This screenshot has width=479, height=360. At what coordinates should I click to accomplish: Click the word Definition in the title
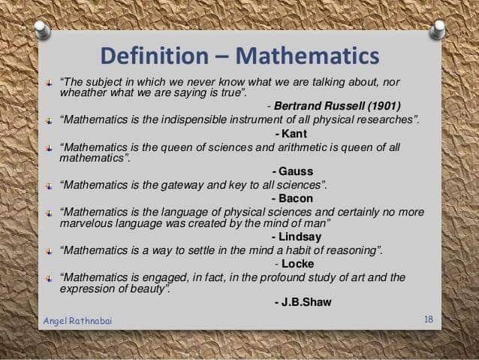pyautogui.click(x=154, y=56)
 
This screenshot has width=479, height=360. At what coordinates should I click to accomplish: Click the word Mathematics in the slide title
pyautogui.click(x=308, y=56)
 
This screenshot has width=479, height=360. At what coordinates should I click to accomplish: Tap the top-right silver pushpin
pyautogui.click(x=438, y=29)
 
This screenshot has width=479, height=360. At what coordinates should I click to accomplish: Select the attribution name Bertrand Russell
pyautogui.click(x=319, y=106)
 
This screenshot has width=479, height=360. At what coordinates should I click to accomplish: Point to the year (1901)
pyautogui.click(x=384, y=106)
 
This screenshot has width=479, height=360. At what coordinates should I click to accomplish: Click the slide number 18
pyautogui.click(x=428, y=319)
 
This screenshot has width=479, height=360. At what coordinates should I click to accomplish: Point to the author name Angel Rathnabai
pyautogui.click(x=77, y=321)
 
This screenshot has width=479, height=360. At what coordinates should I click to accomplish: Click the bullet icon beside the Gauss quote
pyautogui.click(x=49, y=148)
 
